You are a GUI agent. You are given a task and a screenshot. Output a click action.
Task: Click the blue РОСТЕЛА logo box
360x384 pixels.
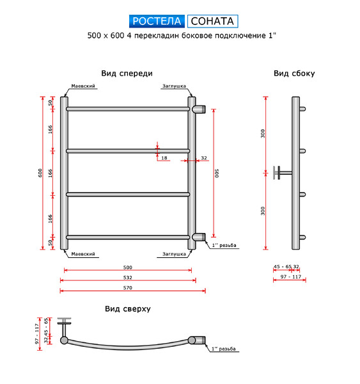157,21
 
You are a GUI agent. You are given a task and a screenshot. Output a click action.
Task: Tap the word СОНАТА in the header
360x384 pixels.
212,21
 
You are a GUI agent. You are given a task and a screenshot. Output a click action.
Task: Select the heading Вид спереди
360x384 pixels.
127,74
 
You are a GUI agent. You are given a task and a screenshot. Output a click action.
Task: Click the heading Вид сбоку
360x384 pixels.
294,74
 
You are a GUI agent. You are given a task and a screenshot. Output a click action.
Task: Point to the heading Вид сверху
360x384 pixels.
128,309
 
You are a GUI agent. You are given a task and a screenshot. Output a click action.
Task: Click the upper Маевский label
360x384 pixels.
83,86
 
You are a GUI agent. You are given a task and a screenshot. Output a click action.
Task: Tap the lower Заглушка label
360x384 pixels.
174,254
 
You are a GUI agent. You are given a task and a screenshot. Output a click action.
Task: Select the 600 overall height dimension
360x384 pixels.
40,173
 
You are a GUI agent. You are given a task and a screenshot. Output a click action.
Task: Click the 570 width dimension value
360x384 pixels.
127,288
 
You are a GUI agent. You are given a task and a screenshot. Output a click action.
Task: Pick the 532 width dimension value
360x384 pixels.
127,278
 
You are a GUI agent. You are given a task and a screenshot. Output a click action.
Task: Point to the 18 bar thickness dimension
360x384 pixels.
164,158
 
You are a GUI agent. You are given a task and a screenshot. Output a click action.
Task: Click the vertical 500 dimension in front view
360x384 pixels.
217,173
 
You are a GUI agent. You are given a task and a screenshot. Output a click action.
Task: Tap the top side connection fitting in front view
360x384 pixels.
199,109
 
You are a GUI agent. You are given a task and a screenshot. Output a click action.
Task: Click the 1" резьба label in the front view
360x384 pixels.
224,245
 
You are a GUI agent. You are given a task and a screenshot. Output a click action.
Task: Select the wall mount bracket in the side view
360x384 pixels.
282,173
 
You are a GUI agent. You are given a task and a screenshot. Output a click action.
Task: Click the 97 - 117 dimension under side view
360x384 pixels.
291,276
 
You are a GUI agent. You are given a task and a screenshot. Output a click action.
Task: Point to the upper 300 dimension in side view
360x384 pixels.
263,134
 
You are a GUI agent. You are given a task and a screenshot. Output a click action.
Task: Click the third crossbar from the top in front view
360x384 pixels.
128,195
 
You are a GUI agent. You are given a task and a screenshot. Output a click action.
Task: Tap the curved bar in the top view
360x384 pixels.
127,347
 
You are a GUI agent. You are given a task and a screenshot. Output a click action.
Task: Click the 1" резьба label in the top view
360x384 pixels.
224,349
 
